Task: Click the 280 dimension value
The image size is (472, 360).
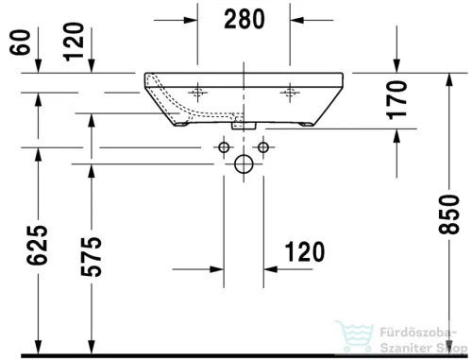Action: tap(244, 18)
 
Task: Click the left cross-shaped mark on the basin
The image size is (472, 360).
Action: tap(199, 93)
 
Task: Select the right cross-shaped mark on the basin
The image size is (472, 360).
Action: tap(288, 93)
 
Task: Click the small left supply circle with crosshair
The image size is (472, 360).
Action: tap(224, 146)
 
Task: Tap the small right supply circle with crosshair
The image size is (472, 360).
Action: tap(263, 146)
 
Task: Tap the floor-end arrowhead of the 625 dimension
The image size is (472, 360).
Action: tap(38, 349)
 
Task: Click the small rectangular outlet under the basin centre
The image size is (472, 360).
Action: tap(244, 123)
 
